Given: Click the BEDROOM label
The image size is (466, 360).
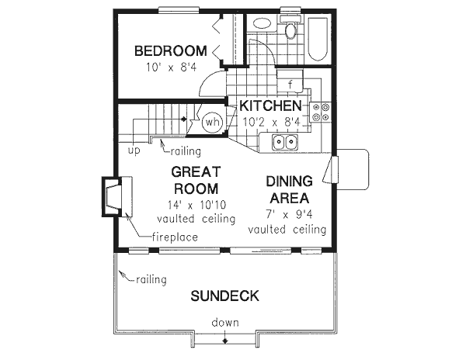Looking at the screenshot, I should coord(170,51).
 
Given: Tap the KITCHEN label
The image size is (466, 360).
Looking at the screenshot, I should coord(270,106).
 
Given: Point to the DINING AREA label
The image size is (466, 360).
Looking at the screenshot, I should coord(289,189).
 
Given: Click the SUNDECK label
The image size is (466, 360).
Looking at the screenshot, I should coord(224,296).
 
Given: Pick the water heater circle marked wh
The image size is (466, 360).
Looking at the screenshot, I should coord(212,122).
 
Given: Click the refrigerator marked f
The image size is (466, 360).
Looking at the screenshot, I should coord(290,84).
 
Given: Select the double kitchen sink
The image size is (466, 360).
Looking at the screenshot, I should coord(284,142).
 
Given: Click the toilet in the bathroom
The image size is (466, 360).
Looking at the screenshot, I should coord(290,31).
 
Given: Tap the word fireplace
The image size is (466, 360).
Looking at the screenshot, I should coord(174,237).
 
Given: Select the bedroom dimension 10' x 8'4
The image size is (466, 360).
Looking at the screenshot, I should coord(170,67).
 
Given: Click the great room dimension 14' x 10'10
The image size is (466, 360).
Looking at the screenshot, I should coord(196,206).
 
